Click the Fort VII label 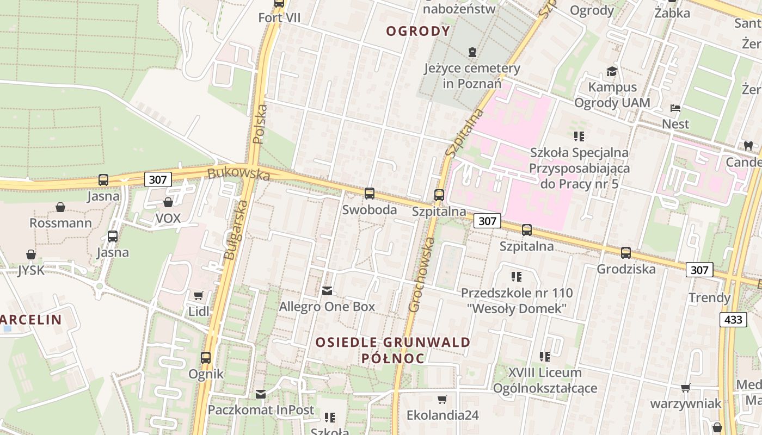point(279,18)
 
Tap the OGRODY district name point(418,31)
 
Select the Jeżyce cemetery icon point(472,53)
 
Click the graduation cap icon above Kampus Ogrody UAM point(612,71)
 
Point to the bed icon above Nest point(675,108)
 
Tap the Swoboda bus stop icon point(369,193)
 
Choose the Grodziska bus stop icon point(626,252)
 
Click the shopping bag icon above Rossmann point(60,207)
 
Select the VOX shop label point(168,219)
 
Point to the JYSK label point(30,270)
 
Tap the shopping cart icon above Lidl point(198,295)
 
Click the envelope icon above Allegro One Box point(327,291)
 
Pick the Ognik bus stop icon point(206,357)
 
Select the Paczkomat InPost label point(261,410)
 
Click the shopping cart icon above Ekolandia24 point(443,399)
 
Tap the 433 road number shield point(733,319)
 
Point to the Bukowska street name point(238,174)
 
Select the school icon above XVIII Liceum point(544,357)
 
